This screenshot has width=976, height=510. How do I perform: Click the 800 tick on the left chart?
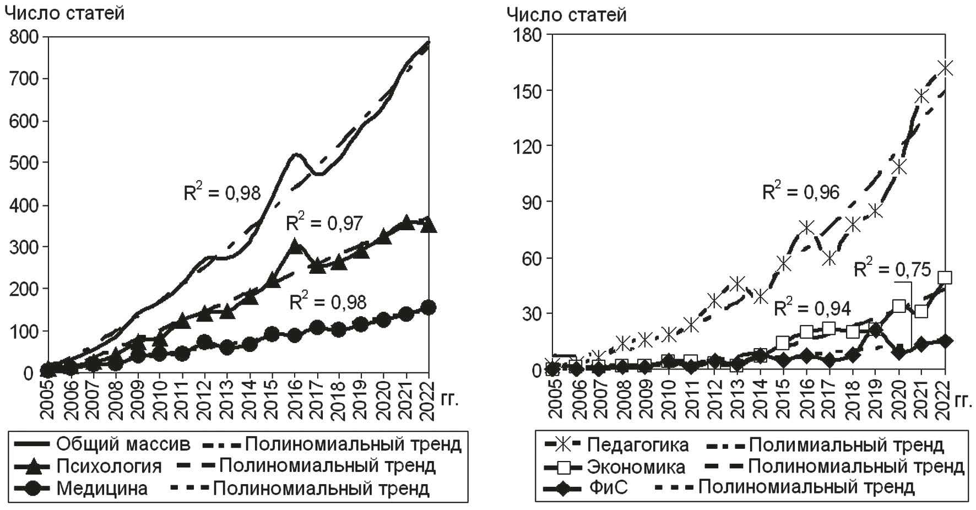(x=24, y=37)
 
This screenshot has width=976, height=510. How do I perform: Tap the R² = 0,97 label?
(x=324, y=223)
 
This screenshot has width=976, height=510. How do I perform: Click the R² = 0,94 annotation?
(x=812, y=308)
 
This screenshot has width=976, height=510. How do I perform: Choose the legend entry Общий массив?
(x=123, y=443)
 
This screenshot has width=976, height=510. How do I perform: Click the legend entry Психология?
(x=109, y=466)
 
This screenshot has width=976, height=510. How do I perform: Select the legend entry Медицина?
(x=101, y=488)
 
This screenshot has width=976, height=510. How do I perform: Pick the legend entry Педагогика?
(x=638, y=444)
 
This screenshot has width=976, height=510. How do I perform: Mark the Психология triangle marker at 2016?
(x=295, y=246)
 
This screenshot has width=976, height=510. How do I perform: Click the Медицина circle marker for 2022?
(x=429, y=307)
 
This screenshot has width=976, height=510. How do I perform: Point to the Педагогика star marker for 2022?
(x=945, y=68)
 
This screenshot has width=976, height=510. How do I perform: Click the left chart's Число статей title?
(x=64, y=13)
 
